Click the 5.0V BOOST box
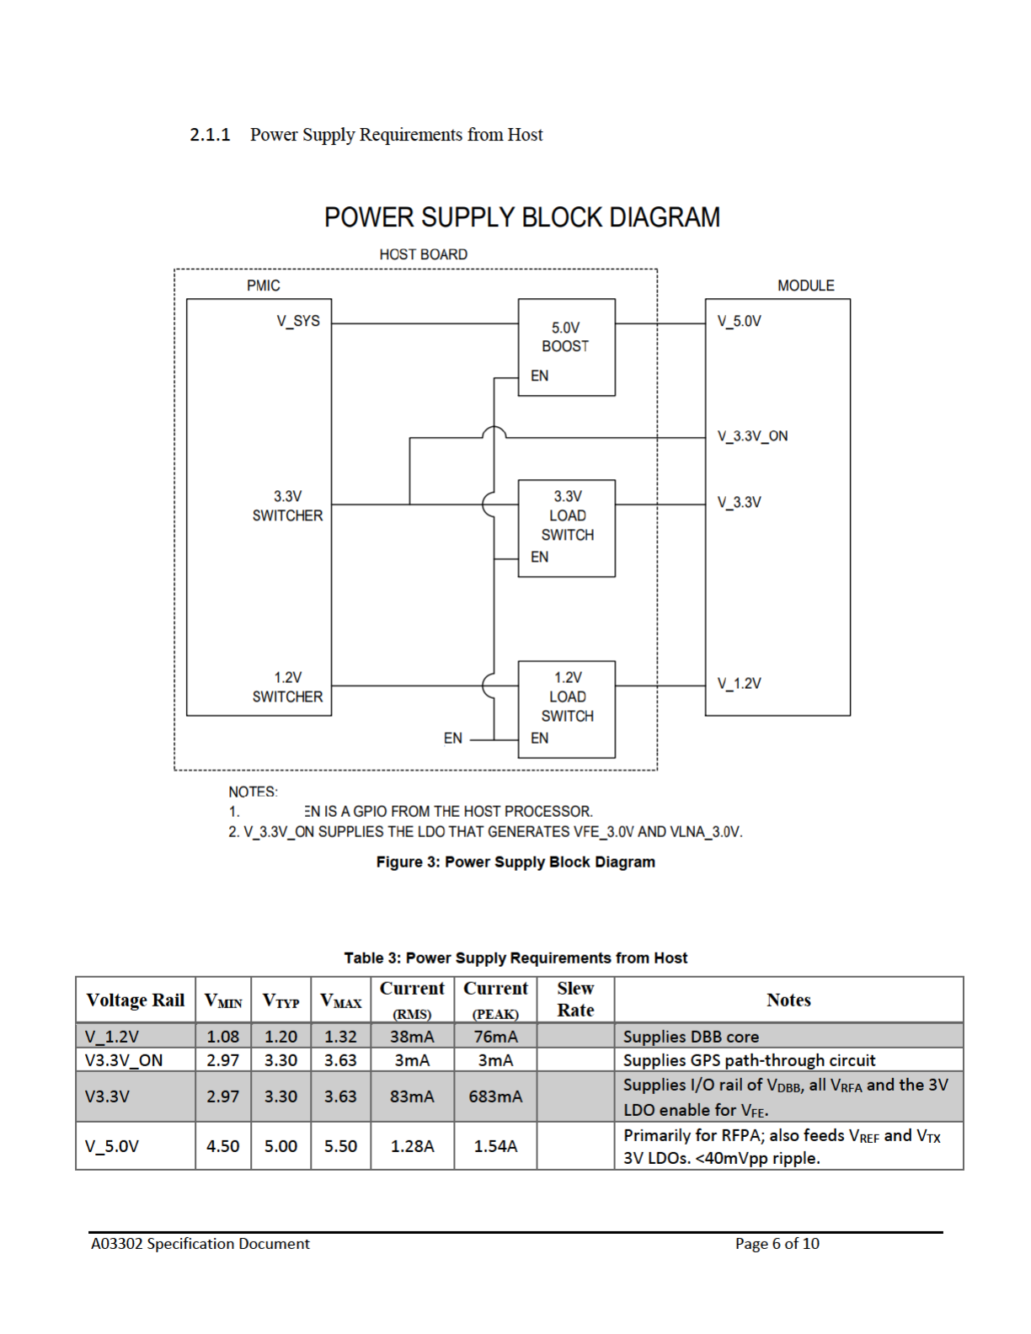[x=566, y=346]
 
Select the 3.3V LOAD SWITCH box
[x=566, y=527]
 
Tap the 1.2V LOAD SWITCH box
[x=566, y=708]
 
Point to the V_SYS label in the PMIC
[x=298, y=321]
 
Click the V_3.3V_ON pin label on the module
[x=752, y=436]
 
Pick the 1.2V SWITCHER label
[x=287, y=687]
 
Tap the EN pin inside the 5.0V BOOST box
[x=539, y=376]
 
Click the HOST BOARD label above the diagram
[x=423, y=254]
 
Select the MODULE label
[x=805, y=285]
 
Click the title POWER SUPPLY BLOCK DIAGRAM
[x=521, y=217]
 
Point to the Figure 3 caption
[x=515, y=862]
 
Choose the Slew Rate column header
[x=575, y=999]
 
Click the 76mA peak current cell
[x=495, y=1037]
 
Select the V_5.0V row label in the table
[x=112, y=1146]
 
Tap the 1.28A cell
[x=412, y=1146]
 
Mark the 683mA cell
[x=495, y=1097]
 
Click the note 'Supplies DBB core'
[x=691, y=1037]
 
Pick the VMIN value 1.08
[x=223, y=1037]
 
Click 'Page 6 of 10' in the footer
[x=777, y=1244]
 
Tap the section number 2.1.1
[x=210, y=135]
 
